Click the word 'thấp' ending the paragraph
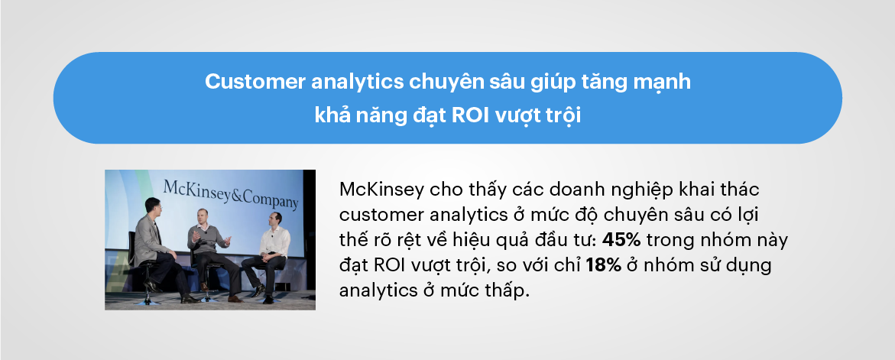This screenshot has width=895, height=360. pos(505,292)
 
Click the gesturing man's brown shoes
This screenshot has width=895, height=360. pos(191,298)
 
